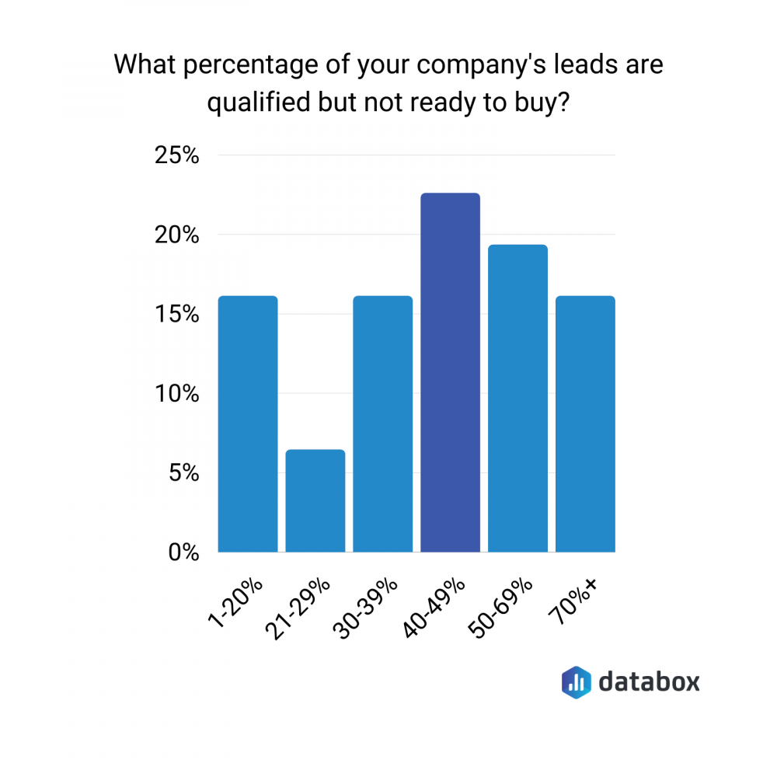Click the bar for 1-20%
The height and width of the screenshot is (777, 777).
point(248,423)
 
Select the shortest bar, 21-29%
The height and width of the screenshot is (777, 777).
point(315,500)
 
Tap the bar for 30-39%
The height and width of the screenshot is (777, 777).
point(382,423)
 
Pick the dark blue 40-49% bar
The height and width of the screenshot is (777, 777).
point(450,372)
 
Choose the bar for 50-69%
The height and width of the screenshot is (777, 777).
point(517,398)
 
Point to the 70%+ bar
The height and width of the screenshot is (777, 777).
point(585,423)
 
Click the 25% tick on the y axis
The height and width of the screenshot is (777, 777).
point(177,155)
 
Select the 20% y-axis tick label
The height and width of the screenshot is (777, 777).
point(177,235)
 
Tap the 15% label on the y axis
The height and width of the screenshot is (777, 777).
point(177,314)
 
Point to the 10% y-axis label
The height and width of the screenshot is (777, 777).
point(177,394)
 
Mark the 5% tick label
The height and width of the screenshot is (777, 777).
point(184,473)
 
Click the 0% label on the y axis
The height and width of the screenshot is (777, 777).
point(184,552)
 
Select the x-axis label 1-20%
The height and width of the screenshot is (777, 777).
point(235,603)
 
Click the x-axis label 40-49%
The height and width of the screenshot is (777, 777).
point(434,608)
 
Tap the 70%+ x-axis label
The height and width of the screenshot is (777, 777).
point(573,601)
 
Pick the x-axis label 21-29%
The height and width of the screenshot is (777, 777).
point(298,609)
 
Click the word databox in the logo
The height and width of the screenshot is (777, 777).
point(649,682)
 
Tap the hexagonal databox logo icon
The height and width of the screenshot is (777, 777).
point(577,682)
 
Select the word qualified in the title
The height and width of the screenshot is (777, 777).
point(260,103)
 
